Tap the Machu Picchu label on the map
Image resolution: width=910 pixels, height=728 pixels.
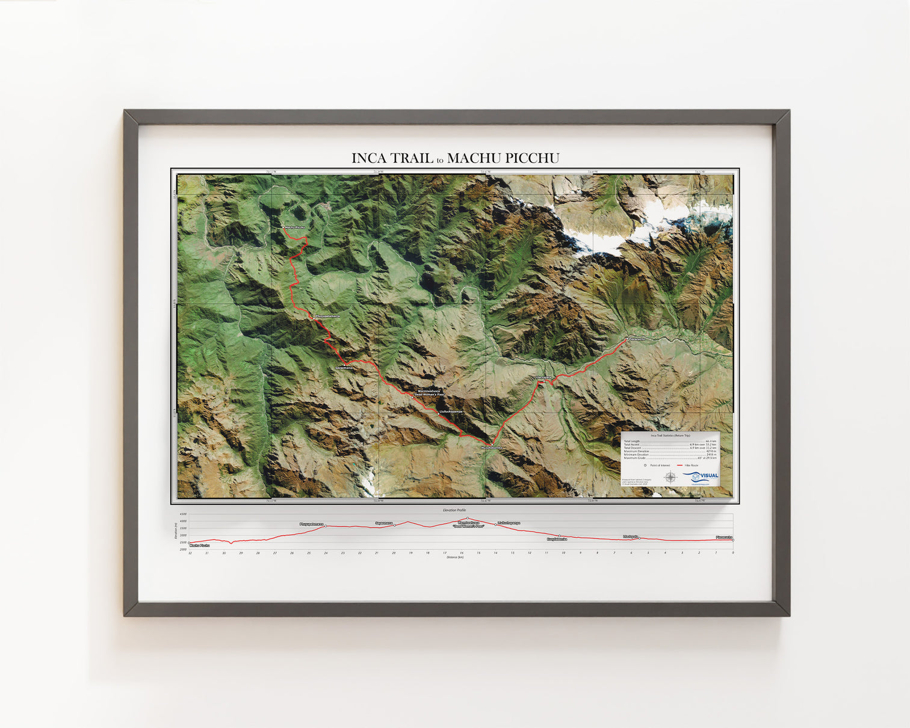[295, 227]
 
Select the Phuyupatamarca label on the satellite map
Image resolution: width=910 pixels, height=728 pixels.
[327, 316]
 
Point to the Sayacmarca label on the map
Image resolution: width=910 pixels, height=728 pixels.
[345, 367]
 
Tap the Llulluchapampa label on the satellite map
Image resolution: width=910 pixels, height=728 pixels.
[450, 412]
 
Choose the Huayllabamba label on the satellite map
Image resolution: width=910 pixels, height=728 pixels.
[491, 448]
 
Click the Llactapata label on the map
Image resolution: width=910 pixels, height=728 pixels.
[543, 377]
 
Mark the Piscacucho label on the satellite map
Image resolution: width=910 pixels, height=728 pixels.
[637, 339]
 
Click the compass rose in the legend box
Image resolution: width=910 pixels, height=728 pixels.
[670, 478]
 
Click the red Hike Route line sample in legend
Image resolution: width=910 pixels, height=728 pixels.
[680, 465]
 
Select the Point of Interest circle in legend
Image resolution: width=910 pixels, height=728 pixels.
[645, 465]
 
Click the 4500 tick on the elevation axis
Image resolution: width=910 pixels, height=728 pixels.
[183, 514]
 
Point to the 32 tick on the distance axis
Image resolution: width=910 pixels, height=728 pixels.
[190, 553]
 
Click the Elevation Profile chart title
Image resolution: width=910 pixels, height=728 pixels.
[454, 510]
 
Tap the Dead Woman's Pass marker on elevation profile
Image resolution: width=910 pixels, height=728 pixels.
[468, 518]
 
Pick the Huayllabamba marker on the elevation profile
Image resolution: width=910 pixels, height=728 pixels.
[559, 536]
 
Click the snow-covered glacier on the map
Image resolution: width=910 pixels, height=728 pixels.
[608, 232]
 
